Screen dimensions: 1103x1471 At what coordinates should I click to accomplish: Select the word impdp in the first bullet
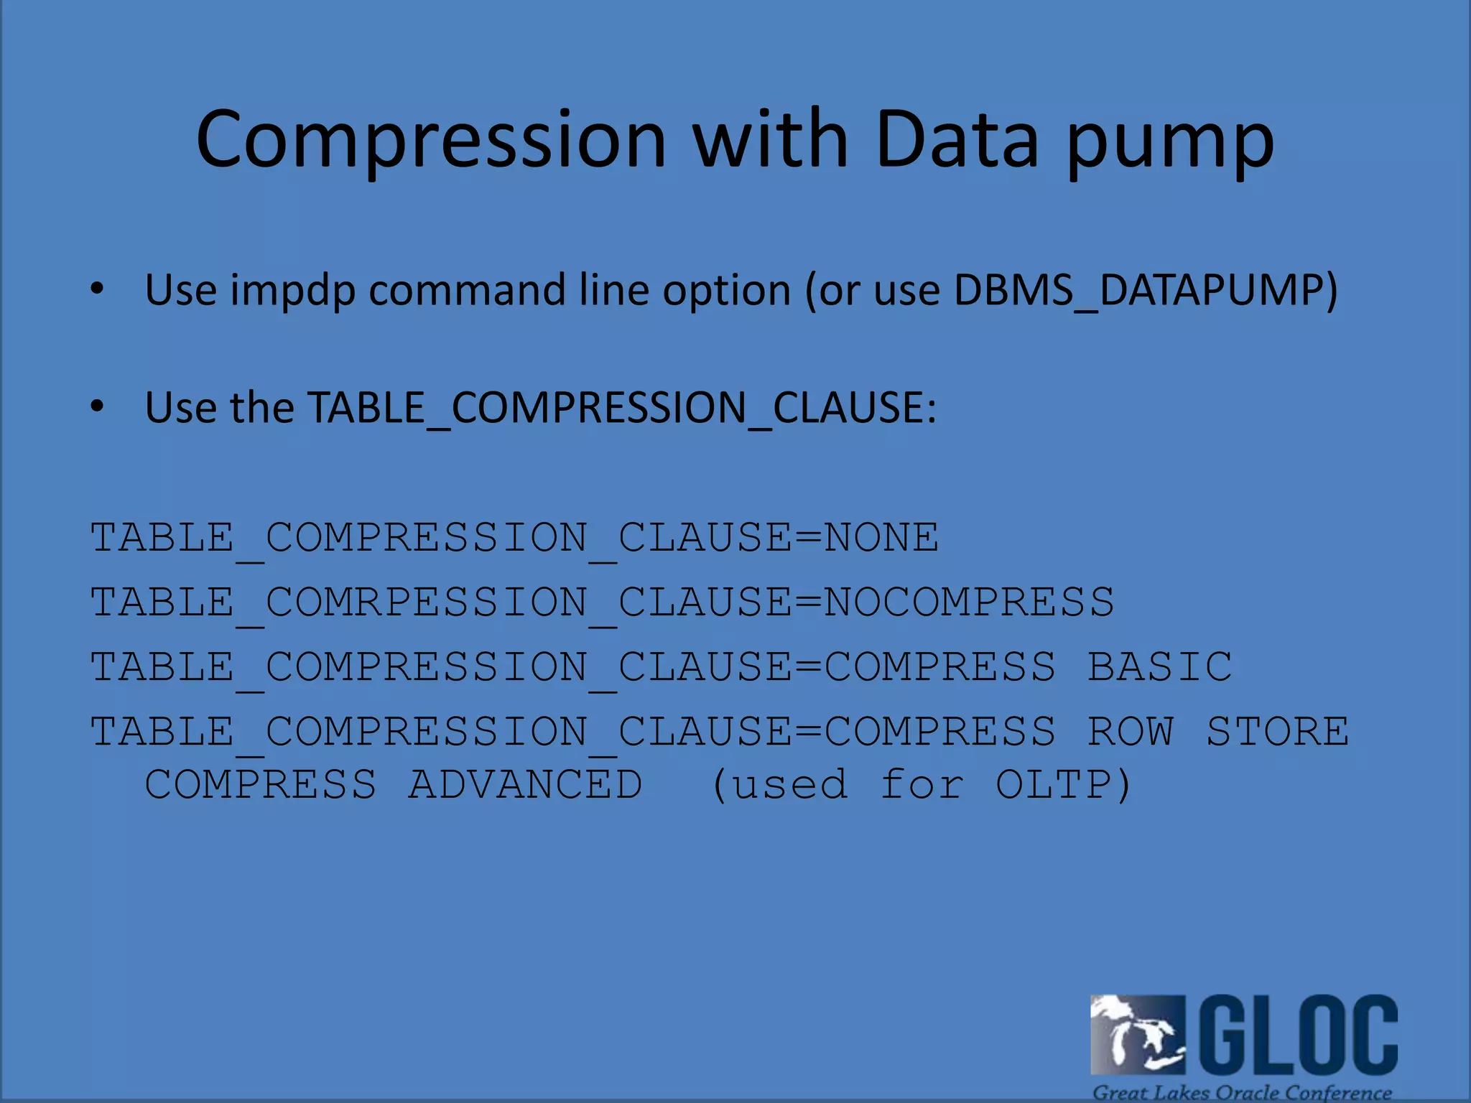click(x=293, y=291)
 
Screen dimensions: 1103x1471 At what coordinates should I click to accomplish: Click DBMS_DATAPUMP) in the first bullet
click(x=1146, y=291)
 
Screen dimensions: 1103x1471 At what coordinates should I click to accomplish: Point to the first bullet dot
click(x=98, y=289)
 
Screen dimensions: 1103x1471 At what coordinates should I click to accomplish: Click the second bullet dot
click(x=98, y=407)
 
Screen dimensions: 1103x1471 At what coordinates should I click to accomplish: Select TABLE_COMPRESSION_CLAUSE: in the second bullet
click(x=622, y=408)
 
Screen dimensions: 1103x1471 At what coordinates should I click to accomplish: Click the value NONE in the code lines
click(x=881, y=537)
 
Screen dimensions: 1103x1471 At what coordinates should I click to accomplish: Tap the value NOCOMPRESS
click(x=969, y=602)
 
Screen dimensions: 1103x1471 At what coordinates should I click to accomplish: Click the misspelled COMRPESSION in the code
click(x=426, y=602)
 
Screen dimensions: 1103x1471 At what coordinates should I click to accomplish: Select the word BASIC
click(x=1159, y=666)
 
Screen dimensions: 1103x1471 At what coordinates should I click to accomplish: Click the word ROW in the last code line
click(x=1130, y=731)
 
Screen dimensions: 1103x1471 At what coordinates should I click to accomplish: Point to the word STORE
click(x=1277, y=731)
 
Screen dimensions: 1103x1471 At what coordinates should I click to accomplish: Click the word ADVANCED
click(x=526, y=783)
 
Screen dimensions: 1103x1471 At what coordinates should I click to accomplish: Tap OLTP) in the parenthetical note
click(x=1064, y=783)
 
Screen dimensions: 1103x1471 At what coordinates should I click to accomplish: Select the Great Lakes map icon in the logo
click(x=1137, y=1035)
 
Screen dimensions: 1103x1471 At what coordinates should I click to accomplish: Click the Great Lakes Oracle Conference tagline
click(x=1242, y=1092)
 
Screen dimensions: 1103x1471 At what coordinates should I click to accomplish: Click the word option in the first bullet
click(x=726, y=291)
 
